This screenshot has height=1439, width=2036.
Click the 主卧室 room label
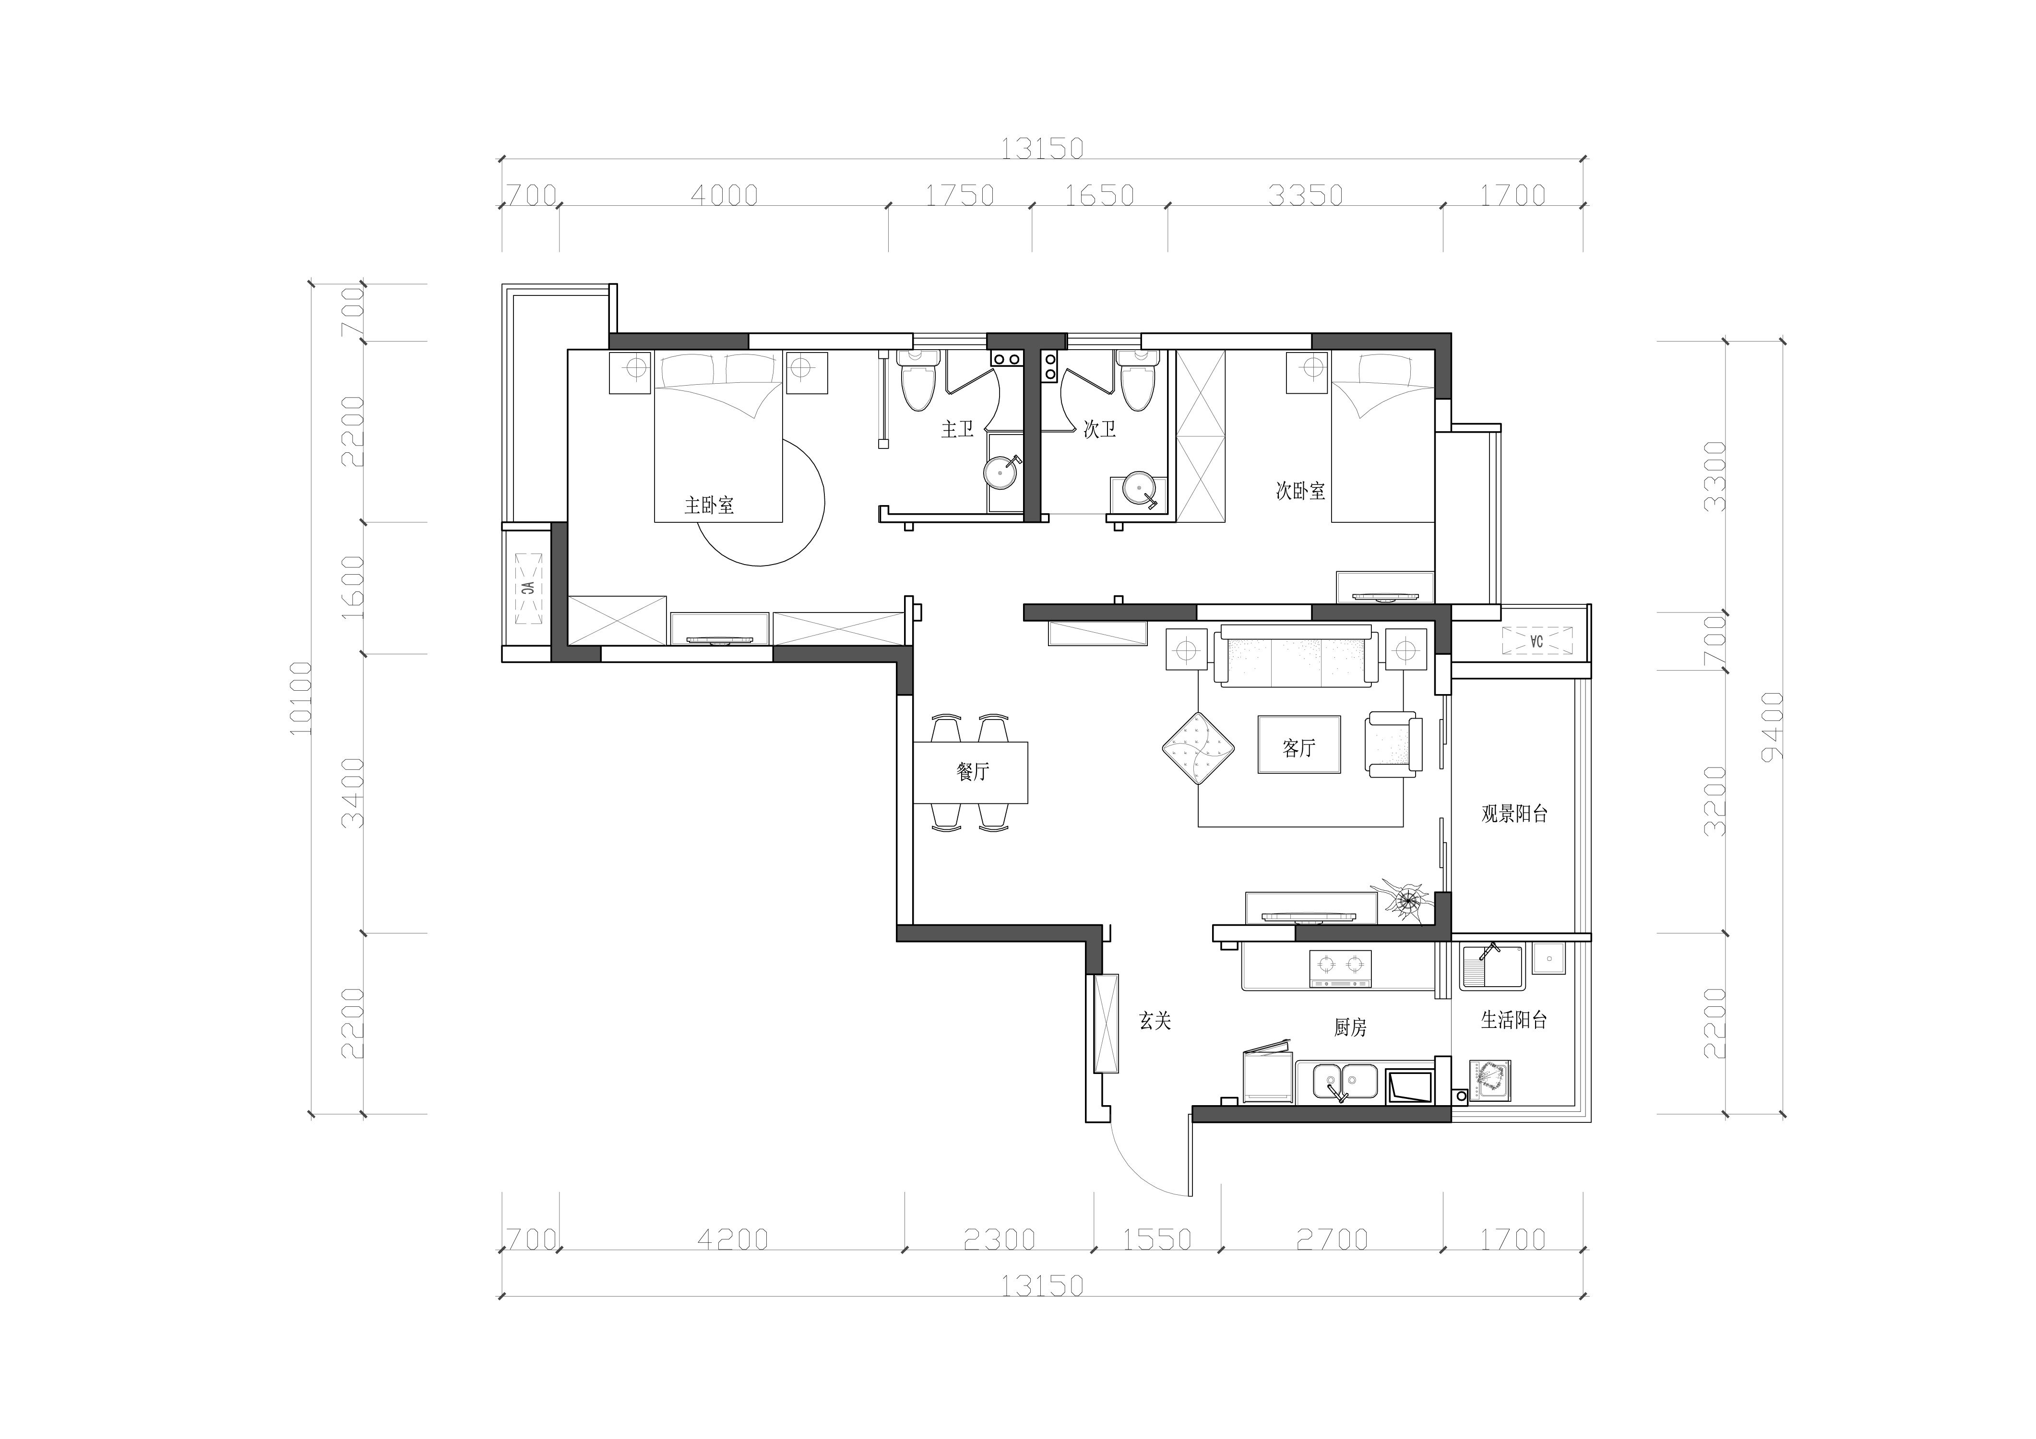pyautogui.click(x=709, y=506)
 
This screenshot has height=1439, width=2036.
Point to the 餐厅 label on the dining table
pyautogui.click(x=973, y=771)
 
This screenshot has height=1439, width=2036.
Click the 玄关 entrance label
pyautogui.click(x=1155, y=1021)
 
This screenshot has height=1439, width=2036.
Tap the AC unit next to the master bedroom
pyautogui.click(x=528, y=588)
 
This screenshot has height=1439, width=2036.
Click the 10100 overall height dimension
pyautogui.click(x=301, y=699)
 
